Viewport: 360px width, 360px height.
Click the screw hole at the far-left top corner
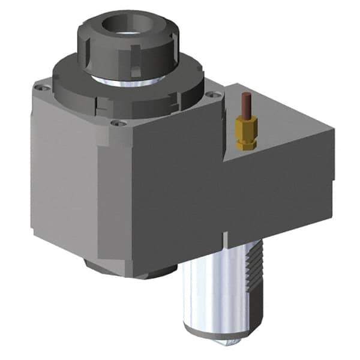[x=40, y=88]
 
